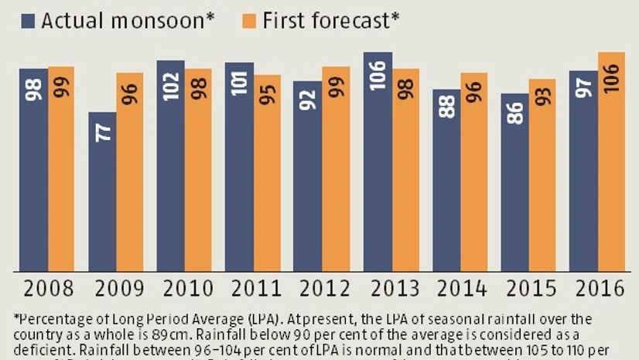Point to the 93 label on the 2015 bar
coord(542,94)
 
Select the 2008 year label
coord(47,290)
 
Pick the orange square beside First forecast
coord(250,20)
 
